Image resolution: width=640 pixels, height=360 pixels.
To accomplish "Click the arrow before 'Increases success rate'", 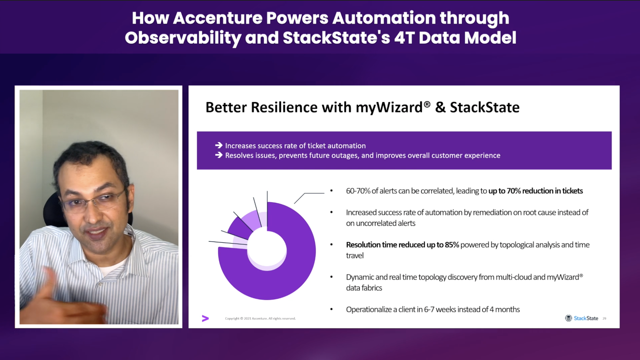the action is [219, 145].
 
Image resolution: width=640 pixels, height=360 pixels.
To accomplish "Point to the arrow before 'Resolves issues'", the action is [219, 155].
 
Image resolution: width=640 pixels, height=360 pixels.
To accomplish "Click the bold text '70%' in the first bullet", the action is [514, 191].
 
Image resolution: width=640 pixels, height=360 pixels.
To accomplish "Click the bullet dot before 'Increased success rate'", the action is [331, 212].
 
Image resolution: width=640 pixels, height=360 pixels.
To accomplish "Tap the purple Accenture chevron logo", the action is [205, 318].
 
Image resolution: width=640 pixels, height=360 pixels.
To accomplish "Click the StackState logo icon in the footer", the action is [568, 318].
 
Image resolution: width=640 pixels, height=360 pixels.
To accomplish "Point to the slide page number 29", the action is [604, 318].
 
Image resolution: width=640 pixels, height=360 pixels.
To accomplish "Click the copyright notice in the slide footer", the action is [260, 318].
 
